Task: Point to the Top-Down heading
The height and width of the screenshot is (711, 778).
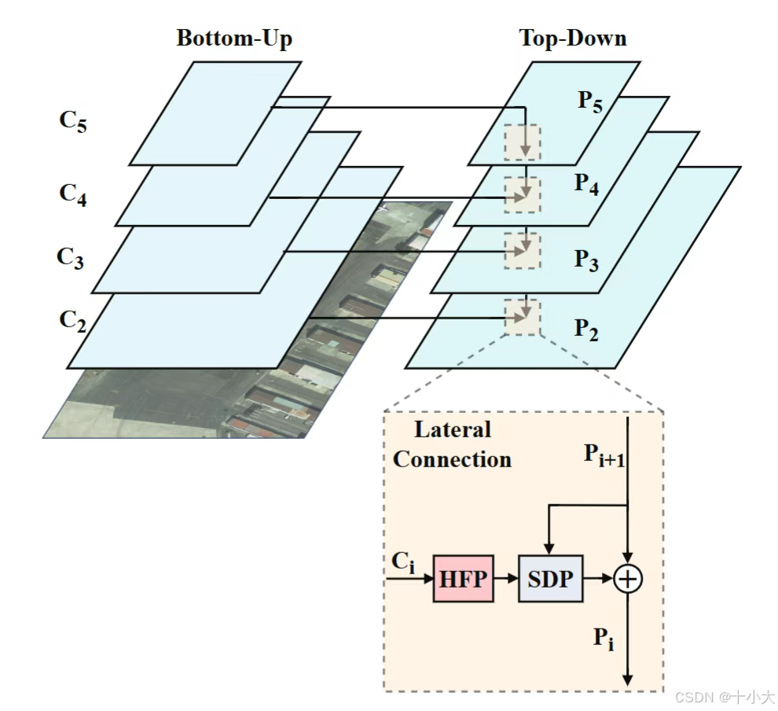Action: pos(573,38)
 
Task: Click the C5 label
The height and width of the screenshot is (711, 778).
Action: pos(73,124)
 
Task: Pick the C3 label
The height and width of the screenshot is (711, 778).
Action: pos(71,258)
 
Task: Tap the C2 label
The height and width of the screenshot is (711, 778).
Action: pos(72,321)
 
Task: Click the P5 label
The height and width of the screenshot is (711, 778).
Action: pos(590,102)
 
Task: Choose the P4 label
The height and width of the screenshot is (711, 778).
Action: pos(586,185)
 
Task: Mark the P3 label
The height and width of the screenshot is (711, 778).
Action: pos(585,259)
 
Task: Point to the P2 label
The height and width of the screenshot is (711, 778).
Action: pos(585,330)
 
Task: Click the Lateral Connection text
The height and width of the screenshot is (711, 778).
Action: pos(452,445)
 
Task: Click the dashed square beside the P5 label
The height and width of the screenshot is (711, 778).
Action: pos(523,142)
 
